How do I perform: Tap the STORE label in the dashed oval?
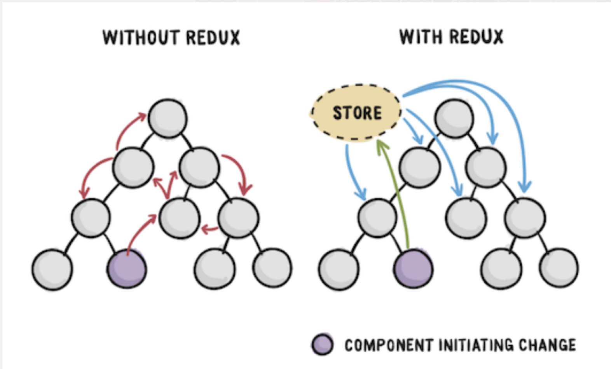click(x=357, y=113)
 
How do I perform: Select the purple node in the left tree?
click(x=127, y=269)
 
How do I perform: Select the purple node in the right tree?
click(x=413, y=269)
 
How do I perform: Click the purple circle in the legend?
click(x=322, y=345)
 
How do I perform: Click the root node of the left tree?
click(x=168, y=118)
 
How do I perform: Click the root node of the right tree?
click(x=454, y=118)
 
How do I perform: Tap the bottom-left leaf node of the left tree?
click(x=52, y=270)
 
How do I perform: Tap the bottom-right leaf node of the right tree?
click(x=559, y=268)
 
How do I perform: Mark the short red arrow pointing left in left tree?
click(x=210, y=229)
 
